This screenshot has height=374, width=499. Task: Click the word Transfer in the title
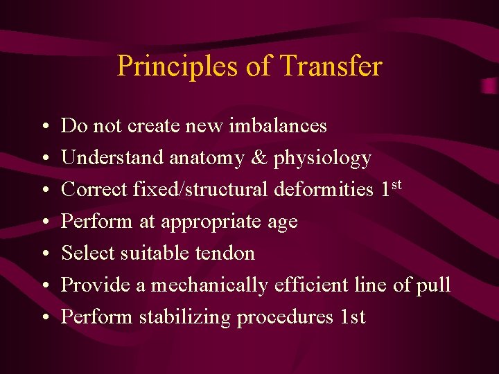point(332,66)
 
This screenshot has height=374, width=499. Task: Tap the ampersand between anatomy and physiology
point(259,158)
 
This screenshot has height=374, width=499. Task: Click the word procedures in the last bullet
point(286,317)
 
